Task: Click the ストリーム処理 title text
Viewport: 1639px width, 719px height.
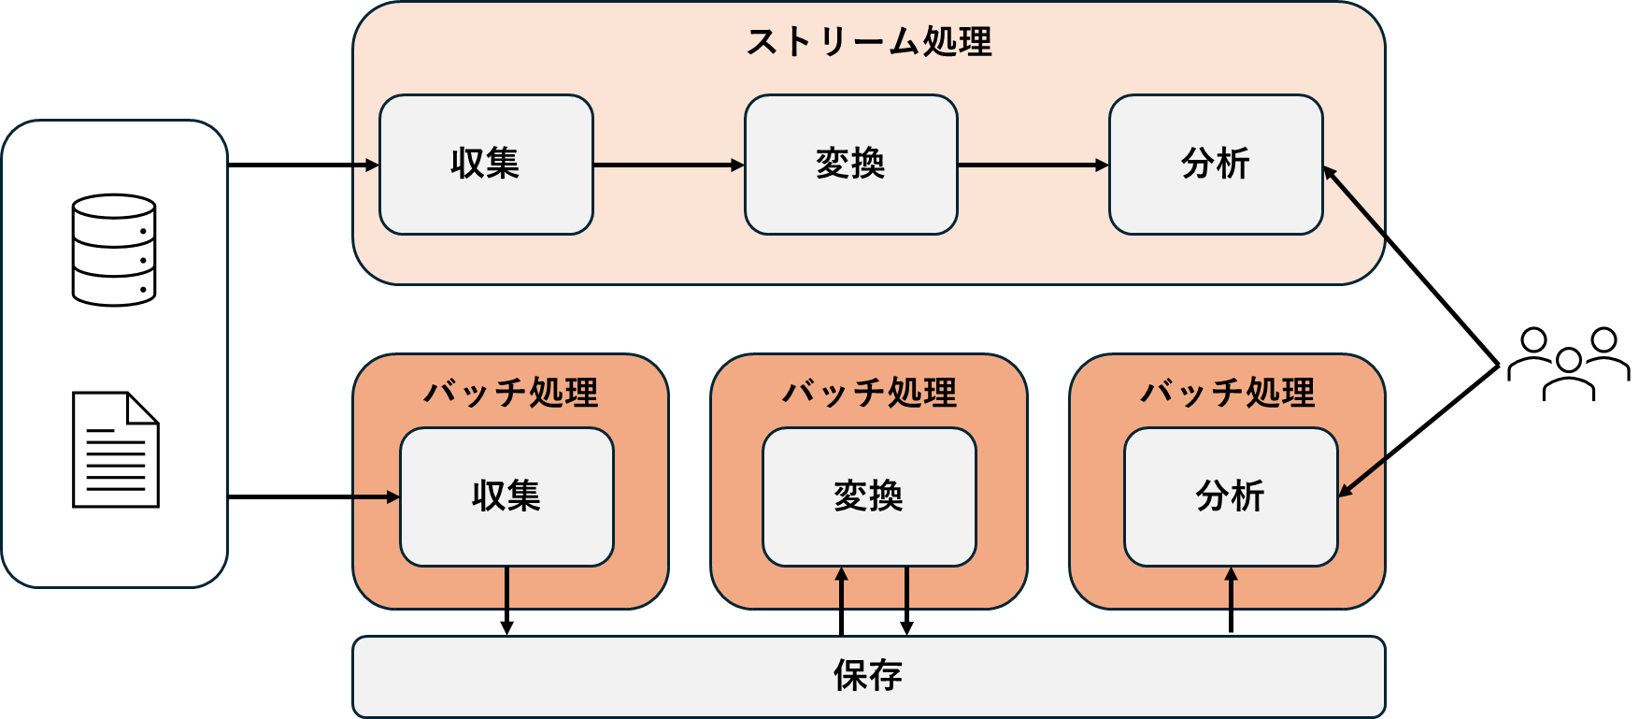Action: point(868,42)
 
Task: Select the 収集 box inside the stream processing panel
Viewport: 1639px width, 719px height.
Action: point(486,165)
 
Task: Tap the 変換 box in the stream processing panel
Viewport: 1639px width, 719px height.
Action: point(850,165)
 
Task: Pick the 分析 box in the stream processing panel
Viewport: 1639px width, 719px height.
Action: point(1215,165)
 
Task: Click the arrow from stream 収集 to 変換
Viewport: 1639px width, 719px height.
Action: point(668,165)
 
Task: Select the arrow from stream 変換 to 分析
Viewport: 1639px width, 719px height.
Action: point(1033,165)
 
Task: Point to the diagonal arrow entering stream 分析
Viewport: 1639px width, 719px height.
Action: point(1355,201)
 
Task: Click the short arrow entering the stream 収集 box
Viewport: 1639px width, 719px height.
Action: point(366,165)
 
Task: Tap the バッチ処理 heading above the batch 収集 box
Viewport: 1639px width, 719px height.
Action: point(510,393)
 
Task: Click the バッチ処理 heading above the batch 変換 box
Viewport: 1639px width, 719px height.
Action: point(869,393)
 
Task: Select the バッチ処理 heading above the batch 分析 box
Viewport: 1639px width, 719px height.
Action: point(1227,393)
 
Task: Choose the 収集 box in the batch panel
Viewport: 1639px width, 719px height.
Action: point(506,496)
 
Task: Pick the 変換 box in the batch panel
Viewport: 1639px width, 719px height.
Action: point(869,496)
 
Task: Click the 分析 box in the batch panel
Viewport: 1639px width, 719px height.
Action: point(1230,496)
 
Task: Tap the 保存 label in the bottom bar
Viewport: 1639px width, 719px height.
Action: point(868,676)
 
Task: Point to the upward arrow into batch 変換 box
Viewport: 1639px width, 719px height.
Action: point(842,589)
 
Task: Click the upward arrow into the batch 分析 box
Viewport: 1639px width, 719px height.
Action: point(1231,589)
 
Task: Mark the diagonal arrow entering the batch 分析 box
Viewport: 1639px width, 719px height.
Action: point(1361,477)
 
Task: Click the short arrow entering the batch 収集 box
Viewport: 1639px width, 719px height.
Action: point(376,497)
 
